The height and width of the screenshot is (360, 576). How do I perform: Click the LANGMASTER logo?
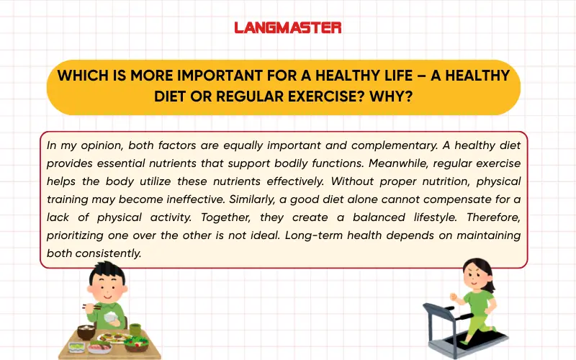pos(287,28)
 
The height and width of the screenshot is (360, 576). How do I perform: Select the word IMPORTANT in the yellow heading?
pos(204,76)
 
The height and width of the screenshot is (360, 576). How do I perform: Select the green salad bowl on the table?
pos(136,342)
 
